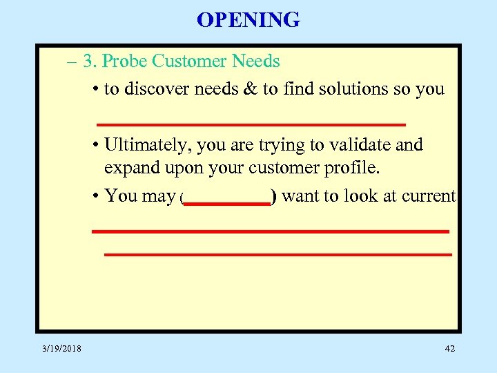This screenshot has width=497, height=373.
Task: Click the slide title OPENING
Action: [248, 19]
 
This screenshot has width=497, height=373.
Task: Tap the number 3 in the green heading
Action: [88, 61]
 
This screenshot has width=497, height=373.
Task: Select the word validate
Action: [363, 145]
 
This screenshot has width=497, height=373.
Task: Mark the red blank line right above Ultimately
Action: [251, 124]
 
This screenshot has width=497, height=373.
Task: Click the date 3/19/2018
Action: [61, 349]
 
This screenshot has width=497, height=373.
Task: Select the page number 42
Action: [449, 349]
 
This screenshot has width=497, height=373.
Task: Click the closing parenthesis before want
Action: [274, 198]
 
